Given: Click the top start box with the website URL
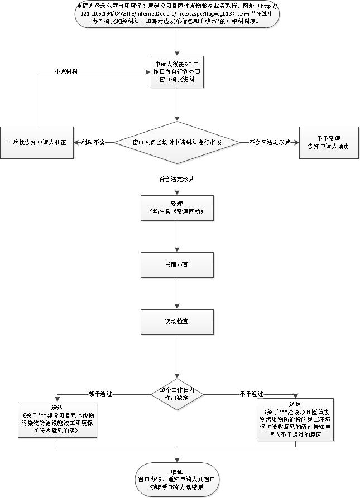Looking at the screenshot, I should click(x=177, y=16).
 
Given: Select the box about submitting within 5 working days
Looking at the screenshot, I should click(x=177, y=72).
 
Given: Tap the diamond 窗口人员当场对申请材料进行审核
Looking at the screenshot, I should click(x=177, y=143).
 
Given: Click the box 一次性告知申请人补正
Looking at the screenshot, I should click(x=37, y=143).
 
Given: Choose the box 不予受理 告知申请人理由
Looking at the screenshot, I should click(x=326, y=143).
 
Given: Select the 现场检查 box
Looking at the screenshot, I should click(x=177, y=320).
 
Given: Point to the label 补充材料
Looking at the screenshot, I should click(x=66, y=72).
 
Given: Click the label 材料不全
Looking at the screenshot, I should click(x=93, y=143).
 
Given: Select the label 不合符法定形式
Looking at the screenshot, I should click(x=270, y=143).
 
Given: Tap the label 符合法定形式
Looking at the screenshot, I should click(x=176, y=180).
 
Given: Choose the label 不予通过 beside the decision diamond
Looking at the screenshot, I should click(x=252, y=394).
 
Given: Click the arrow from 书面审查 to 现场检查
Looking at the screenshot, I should click(x=177, y=292).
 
